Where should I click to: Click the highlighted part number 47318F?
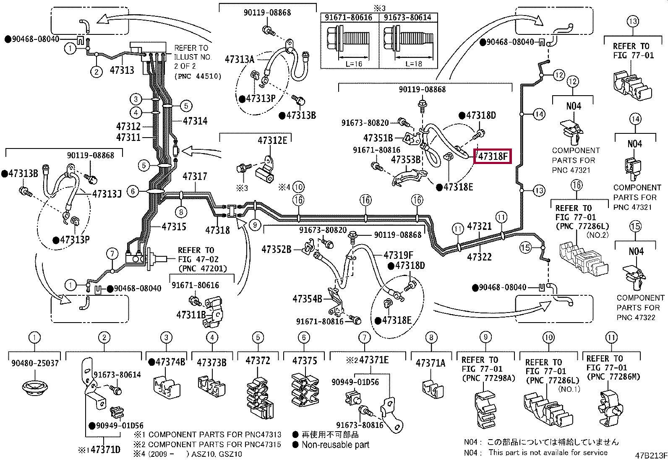click(493, 156)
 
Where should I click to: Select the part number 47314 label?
click(195, 121)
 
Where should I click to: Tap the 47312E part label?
click(272, 140)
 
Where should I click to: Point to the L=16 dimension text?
click(354, 64)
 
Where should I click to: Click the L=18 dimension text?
click(414, 64)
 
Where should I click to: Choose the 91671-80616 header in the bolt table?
click(348, 17)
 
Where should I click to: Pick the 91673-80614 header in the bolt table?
click(407, 17)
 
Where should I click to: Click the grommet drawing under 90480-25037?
click(34, 388)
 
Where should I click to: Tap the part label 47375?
click(304, 361)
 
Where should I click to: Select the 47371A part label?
click(431, 363)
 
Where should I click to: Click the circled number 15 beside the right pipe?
click(525, 247)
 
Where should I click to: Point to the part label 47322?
click(479, 257)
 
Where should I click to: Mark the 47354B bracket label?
click(307, 299)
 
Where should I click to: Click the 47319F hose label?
click(399, 255)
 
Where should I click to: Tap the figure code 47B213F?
click(651, 456)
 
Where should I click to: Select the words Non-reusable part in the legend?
click(336, 445)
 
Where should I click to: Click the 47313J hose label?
click(107, 194)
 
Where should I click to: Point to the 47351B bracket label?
click(378, 138)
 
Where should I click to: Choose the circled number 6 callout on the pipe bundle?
click(133, 191)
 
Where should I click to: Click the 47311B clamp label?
click(191, 315)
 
